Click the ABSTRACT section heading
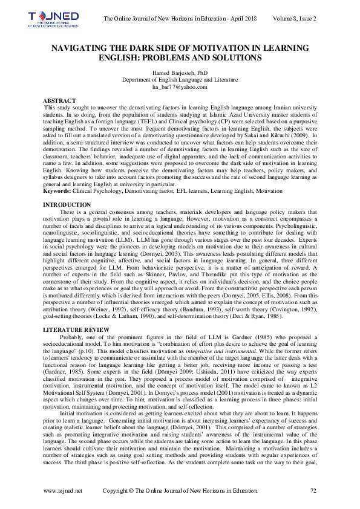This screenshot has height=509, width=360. coord(60,99)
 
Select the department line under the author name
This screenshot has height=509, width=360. coord(180,80)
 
